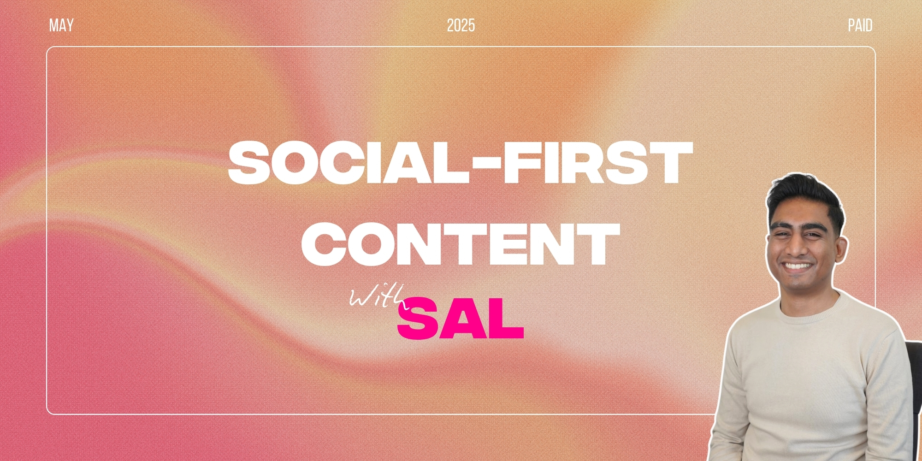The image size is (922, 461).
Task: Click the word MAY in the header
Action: click(x=61, y=25)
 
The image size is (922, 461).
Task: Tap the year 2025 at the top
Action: click(x=461, y=25)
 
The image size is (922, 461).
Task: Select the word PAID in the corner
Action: click(x=860, y=25)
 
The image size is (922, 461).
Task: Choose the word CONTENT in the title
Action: click(x=461, y=243)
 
